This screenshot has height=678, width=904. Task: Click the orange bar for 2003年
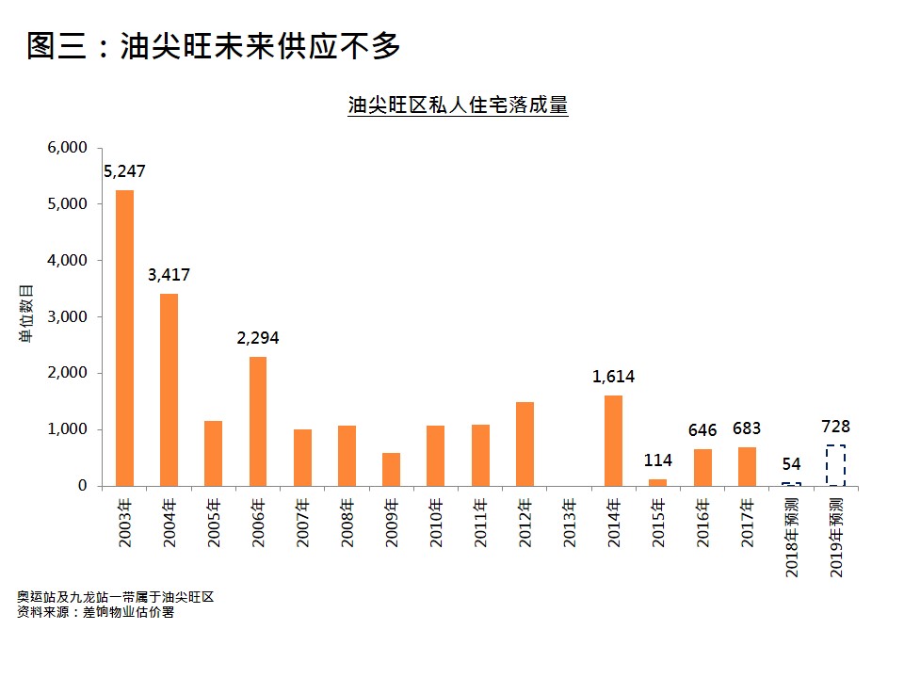click(x=124, y=338)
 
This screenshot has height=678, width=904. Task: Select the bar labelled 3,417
click(x=169, y=390)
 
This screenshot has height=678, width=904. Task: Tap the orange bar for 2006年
click(x=257, y=421)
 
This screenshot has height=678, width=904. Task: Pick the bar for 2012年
click(x=525, y=444)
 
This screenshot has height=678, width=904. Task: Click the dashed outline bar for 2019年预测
click(x=835, y=465)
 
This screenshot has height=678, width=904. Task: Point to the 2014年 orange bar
click(x=613, y=441)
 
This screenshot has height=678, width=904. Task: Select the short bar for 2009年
click(x=391, y=469)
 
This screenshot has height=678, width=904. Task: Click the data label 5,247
click(x=124, y=172)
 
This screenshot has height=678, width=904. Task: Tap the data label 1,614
click(x=613, y=377)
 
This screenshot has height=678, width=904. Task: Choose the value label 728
click(x=835, y=428)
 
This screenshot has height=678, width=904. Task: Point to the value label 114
click(x=657, y=461)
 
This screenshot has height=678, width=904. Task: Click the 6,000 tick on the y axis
click(x=67, y=148)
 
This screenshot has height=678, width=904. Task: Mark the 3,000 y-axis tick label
click(x=67, y=317)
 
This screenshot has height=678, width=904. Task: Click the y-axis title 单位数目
click(x=27, y=316)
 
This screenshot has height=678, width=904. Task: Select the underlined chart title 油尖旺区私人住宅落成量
click(x=458, y=105)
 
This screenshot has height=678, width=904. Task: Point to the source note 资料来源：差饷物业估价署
click(x=95, y=613)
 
